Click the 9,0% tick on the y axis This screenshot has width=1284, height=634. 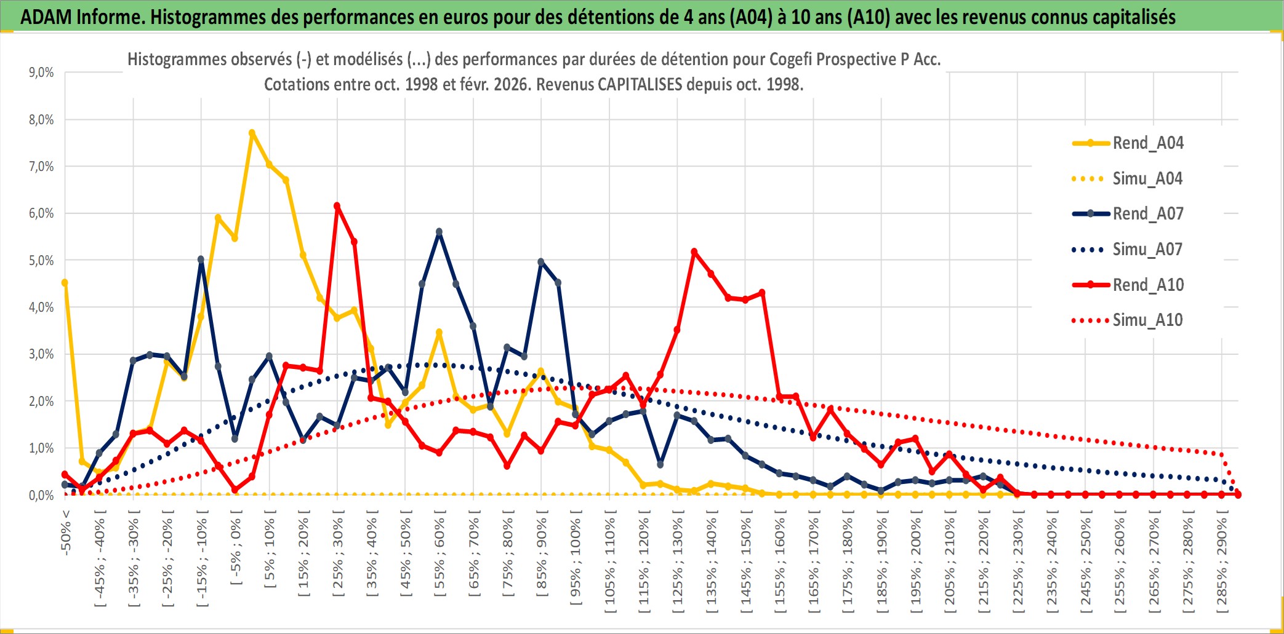41,73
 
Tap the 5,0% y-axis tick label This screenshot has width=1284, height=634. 41,261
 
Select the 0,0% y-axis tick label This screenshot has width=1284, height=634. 41,496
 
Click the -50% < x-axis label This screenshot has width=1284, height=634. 66,533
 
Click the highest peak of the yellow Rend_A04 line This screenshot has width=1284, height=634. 252,133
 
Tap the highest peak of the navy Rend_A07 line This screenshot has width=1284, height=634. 439,232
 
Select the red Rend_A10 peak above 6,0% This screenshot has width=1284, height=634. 337,206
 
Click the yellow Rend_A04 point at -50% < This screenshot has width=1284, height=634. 65,283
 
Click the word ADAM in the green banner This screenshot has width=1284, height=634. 46,17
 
